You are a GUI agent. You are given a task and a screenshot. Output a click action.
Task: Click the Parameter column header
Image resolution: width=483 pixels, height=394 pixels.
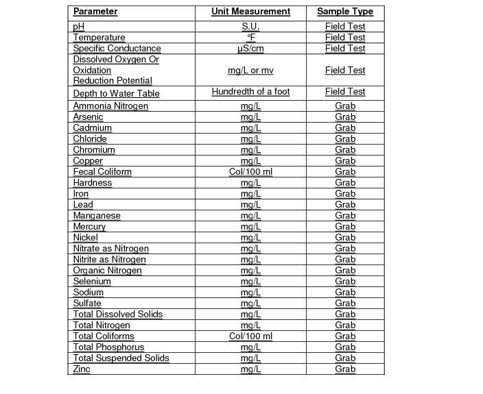pyautogui.click(x=95, y=12)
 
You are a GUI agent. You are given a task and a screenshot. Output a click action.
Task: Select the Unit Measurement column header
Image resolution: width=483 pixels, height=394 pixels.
pyautogui.click(x=250, y=12)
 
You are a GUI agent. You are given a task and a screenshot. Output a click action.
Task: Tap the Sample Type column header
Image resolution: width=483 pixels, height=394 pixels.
pyautogui.click(x=345, y=12)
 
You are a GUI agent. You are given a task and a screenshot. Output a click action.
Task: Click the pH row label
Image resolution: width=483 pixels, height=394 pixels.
pyautogui.click(x=78, y=27)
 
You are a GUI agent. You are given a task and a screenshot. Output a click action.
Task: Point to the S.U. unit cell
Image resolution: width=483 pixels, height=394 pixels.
pyautogui.click(x=250, y=27)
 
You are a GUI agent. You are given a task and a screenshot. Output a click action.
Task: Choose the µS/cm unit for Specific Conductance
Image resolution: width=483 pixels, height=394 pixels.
pyautogui.click(x=250, y=49)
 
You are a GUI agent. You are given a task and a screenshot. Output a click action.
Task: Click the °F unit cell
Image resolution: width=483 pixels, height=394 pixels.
pyautogui.click(x=250, y=38)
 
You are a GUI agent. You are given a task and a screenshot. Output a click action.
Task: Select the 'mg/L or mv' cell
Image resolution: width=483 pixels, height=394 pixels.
pyautogui.click(x=250, y=71)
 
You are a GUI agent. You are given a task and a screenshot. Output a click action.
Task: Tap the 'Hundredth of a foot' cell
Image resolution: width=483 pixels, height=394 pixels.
pyautogui.click(x=250, y=92)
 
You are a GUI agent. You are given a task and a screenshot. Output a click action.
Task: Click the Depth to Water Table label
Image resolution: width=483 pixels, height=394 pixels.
pyautogui.click(x=117, y=93)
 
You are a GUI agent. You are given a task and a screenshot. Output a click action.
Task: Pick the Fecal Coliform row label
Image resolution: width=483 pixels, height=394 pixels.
pyautogui.click(x=102, y=172)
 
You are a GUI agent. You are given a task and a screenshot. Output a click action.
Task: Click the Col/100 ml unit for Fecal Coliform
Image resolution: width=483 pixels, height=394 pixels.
pyautogui.click(x=250, y=172)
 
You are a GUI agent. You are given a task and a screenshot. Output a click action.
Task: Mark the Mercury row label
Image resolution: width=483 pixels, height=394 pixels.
pyautogui.click(x=90, y=227)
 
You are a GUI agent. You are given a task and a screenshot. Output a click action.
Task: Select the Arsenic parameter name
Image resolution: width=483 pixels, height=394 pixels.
pyautogui.click(x=89, y=117)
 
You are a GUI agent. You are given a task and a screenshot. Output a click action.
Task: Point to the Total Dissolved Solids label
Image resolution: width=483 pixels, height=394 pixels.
pyautogui.click(x=118, y=315)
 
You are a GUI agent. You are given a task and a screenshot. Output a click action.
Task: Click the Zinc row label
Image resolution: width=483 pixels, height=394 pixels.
pyautogui.click(x=82, y=369)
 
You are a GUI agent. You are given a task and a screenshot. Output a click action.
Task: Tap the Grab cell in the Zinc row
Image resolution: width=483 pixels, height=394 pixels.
pyautogui.click(x=345, y=369)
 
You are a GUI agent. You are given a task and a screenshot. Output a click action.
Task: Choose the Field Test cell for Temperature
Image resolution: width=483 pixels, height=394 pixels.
pyautogui.click(x=345, y=38)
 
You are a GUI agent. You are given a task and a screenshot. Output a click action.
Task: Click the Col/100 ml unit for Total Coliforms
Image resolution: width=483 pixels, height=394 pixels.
pyautogui.click(x=250, y=336)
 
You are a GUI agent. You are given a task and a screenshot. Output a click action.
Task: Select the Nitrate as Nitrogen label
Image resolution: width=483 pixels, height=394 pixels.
pyautogui.click(x=111, y=249)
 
